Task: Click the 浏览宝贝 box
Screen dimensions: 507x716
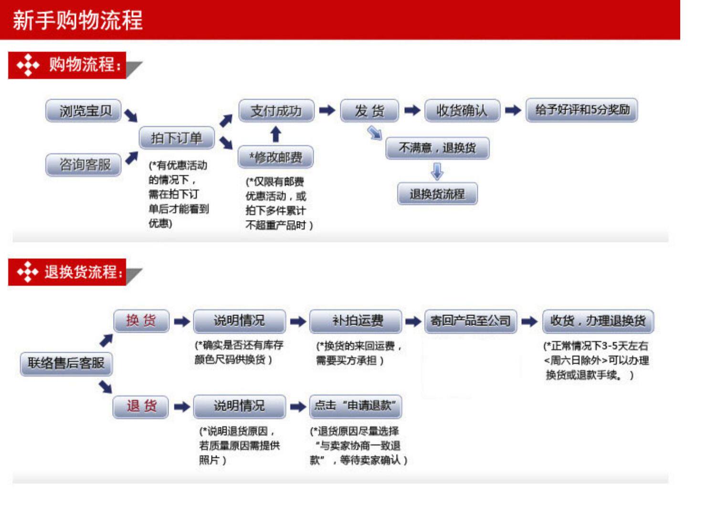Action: pos(84,111)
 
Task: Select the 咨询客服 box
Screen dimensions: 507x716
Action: pos(84,165)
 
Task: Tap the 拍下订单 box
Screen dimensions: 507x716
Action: pos(177,138)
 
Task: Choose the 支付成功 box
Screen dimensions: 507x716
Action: pos(276,111)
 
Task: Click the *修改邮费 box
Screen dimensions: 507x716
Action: pos(275,157)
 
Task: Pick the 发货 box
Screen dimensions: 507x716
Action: pos(369,111)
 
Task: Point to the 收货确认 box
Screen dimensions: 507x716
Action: pos(462,111)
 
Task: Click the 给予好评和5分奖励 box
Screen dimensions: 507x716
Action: pos(581,110)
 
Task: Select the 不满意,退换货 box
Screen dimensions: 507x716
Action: pos(437,148)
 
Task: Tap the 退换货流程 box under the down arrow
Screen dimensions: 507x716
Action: pos(437,194)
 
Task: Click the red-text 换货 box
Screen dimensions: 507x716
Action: pos(141,320)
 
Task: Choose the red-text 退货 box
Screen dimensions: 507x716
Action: pos(141,406)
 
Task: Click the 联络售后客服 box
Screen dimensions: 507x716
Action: pos(66,363)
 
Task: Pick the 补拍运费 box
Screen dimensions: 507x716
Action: pos(356,321)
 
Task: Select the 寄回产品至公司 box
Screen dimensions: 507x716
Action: pos(471,321)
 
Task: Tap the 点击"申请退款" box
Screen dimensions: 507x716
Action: pos(356,406)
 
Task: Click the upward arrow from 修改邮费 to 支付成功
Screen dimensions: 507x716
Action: pos(275,134)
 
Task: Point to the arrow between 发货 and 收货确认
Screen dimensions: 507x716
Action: pos(412,110)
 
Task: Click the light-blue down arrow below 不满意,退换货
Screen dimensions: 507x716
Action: pos(437,171)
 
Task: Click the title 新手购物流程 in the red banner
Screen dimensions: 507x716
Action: pos(78,21)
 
